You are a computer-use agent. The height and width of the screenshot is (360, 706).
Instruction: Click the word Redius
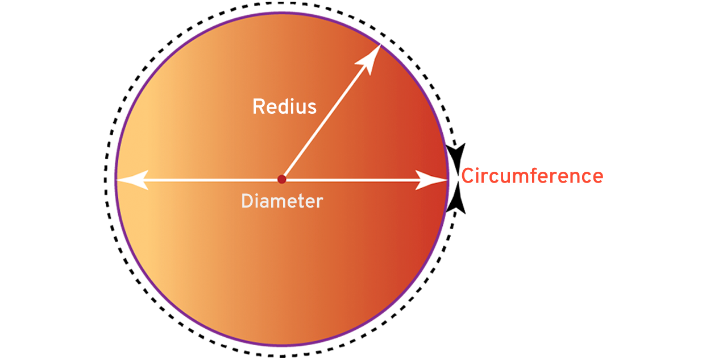tap(284, 106)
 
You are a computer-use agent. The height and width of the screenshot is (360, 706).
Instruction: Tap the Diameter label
tap(282, 201)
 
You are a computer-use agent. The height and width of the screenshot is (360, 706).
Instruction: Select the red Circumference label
tap(531, 176)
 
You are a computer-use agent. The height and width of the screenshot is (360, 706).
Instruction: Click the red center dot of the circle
tap(281, 180)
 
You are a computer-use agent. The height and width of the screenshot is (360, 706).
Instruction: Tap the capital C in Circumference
tap(468, 176)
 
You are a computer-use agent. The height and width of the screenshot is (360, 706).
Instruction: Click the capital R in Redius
tap(259, 106)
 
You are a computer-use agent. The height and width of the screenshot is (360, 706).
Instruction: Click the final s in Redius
tap(312, 107)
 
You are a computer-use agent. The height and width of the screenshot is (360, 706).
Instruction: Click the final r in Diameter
tap(319, 202)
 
